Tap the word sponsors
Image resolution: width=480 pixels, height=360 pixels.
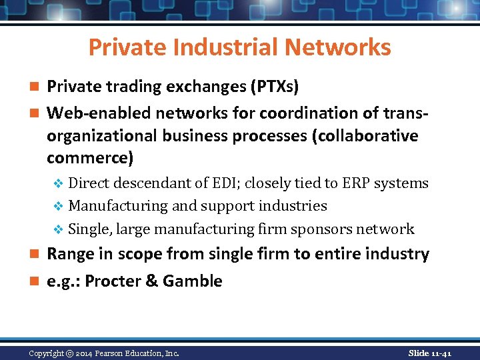tap(320, 229)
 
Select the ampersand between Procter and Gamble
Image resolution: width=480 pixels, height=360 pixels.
tap(151, 281)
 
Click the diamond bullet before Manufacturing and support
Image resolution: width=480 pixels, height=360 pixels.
tap(57, 207)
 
